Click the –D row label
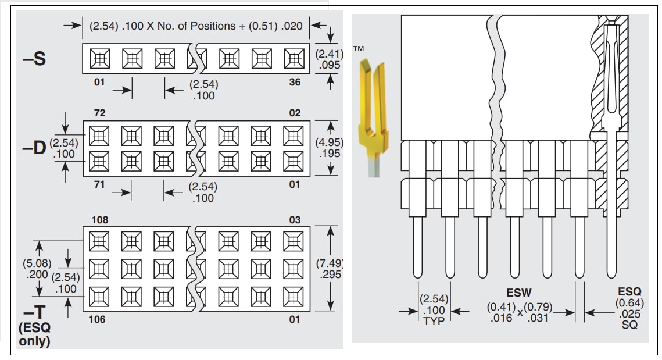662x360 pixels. click(34, 148)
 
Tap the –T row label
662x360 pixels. click(34, 312)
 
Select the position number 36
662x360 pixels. click(295, 82)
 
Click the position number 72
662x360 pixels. click(99, 112)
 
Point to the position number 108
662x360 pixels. click(99, 220)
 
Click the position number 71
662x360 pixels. click(99, 184)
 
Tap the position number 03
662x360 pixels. click(295, 220)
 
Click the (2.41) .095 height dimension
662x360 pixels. click(329, 59)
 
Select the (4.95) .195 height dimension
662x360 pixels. click(330, 147)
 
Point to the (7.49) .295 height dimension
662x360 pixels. click(330, 269)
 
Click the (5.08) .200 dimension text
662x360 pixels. click(37, 269)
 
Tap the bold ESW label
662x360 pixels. click(519, 293)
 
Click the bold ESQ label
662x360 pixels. click(629, 292)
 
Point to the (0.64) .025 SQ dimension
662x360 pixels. click(629, 314)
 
